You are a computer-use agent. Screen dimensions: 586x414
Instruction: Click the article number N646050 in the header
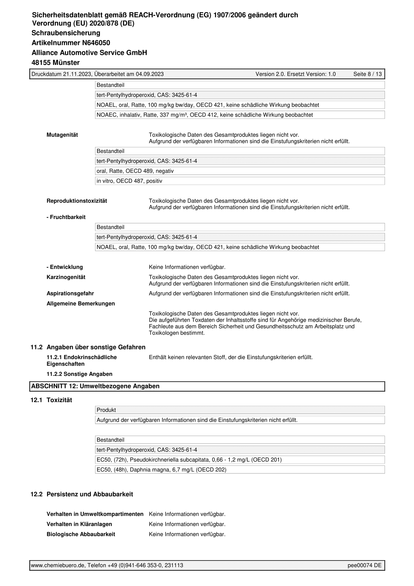[96, 43]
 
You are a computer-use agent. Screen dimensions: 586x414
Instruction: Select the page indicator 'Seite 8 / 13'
[367, 74]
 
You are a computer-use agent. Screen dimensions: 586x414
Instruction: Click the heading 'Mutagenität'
[62, 135]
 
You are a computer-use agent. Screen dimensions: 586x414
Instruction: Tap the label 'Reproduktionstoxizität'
[77, 201]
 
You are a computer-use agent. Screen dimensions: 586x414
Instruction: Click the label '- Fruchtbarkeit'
[66, 217]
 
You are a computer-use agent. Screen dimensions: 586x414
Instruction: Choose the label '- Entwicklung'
[65, 267]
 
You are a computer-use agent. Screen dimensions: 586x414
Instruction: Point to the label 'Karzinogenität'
[66, 277]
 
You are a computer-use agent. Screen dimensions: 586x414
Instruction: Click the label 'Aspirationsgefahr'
[70, 293]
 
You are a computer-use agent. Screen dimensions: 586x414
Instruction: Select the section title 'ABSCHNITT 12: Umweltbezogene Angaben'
[95, 386]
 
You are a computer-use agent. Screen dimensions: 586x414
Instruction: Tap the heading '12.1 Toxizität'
[52, 400]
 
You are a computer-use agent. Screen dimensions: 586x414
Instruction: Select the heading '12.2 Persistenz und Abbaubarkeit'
[82, 494]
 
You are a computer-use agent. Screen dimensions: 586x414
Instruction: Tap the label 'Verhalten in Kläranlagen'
[79, 524]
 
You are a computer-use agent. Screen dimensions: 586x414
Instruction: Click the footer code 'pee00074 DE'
[364, 565]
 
